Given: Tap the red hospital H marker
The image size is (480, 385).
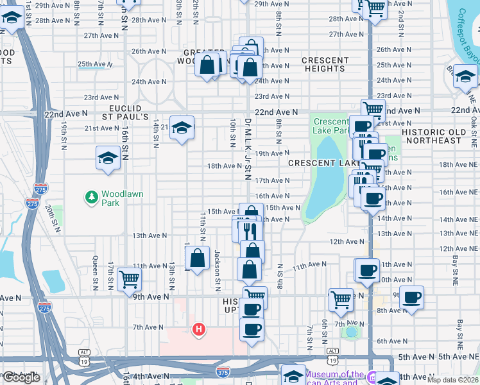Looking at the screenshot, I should click(200, 329).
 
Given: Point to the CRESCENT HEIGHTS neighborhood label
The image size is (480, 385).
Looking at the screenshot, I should click(325, 64).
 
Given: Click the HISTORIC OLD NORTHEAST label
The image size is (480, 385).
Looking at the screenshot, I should click(434, 136).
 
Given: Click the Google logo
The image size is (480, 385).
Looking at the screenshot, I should click(22, 377).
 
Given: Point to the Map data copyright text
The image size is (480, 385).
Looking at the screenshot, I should click(453, 380).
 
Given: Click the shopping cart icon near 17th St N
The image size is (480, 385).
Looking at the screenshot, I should click(129, 279).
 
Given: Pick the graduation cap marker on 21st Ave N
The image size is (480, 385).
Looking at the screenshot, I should click(182, 127).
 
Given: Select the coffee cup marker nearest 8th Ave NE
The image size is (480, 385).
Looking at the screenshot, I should click(411, 297).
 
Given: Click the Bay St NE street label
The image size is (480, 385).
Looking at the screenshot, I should click(454, 269).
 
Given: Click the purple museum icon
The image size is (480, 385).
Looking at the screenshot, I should click(371, 375).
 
